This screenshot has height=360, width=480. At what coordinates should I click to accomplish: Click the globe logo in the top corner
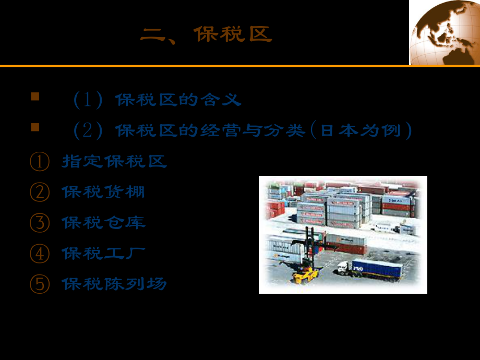pyautogui.click(x=445, y=32)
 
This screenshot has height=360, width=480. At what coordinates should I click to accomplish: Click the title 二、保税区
pyautogui.click(x=206, y=35)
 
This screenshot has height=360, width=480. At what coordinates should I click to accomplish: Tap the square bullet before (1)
pyautogui.click(x=35, y=97)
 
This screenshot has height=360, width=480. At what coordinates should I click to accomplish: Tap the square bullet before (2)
pyautogui.click(x=35, y=127)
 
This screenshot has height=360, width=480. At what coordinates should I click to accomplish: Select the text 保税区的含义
pyautogui.click(x=178, y=100)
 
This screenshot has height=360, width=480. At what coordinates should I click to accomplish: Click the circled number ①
pyautogui.click(x=39, y=162)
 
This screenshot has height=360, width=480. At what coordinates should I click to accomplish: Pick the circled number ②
pyautogui.click(x=39, y=192)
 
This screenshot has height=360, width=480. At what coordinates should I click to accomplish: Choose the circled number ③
pyautogui.click(x=39, y=223)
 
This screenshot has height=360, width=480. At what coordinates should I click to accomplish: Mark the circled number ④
pyautogui.click(x=39, y=254)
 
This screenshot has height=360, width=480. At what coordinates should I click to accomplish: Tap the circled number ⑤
pyautogui.click(x=39, y=284)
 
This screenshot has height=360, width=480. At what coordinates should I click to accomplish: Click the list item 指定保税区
pyautogui.click(x=114, y=161)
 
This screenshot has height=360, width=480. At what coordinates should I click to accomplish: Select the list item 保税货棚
pyautogui.click(x=103, y=192)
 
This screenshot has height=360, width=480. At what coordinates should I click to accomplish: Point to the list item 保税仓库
pyautogui.click(x=103, y=223)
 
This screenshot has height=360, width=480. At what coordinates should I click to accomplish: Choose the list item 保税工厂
pyautogui.click(x=103, y=254)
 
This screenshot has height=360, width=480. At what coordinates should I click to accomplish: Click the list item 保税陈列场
pyautogui.click(x=114, y=284)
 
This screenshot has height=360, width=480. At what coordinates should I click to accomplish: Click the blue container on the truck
pyautogui.click(x=377, y=269)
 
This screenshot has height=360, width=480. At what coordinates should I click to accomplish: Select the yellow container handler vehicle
pyautogui.click(x=306, y=271)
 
